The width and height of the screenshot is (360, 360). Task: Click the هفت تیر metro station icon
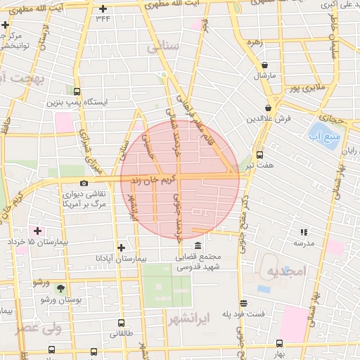pos(259,155)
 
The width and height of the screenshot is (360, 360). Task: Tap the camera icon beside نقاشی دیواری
pos(84,184)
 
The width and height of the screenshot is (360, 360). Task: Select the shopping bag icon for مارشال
pos(264,65)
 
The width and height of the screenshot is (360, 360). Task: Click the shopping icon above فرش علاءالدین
pos(269,108)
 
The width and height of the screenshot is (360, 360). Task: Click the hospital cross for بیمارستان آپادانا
pos(122,247)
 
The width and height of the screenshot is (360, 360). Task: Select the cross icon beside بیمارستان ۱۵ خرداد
pos(37,231)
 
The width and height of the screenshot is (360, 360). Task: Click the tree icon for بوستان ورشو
pos(60,288)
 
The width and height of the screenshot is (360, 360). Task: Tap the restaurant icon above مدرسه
pos(304,231)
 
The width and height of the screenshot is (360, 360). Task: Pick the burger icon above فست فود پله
pos(243,303)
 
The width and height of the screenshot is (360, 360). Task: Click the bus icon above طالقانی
pos(121,323)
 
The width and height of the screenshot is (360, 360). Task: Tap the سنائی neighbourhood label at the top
pos(165,48)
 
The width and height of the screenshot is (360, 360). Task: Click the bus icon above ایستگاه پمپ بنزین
pos(77,91)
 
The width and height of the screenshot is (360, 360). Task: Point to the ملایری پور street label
pos(310,88)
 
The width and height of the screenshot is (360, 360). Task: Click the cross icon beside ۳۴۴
pos(103,9)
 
